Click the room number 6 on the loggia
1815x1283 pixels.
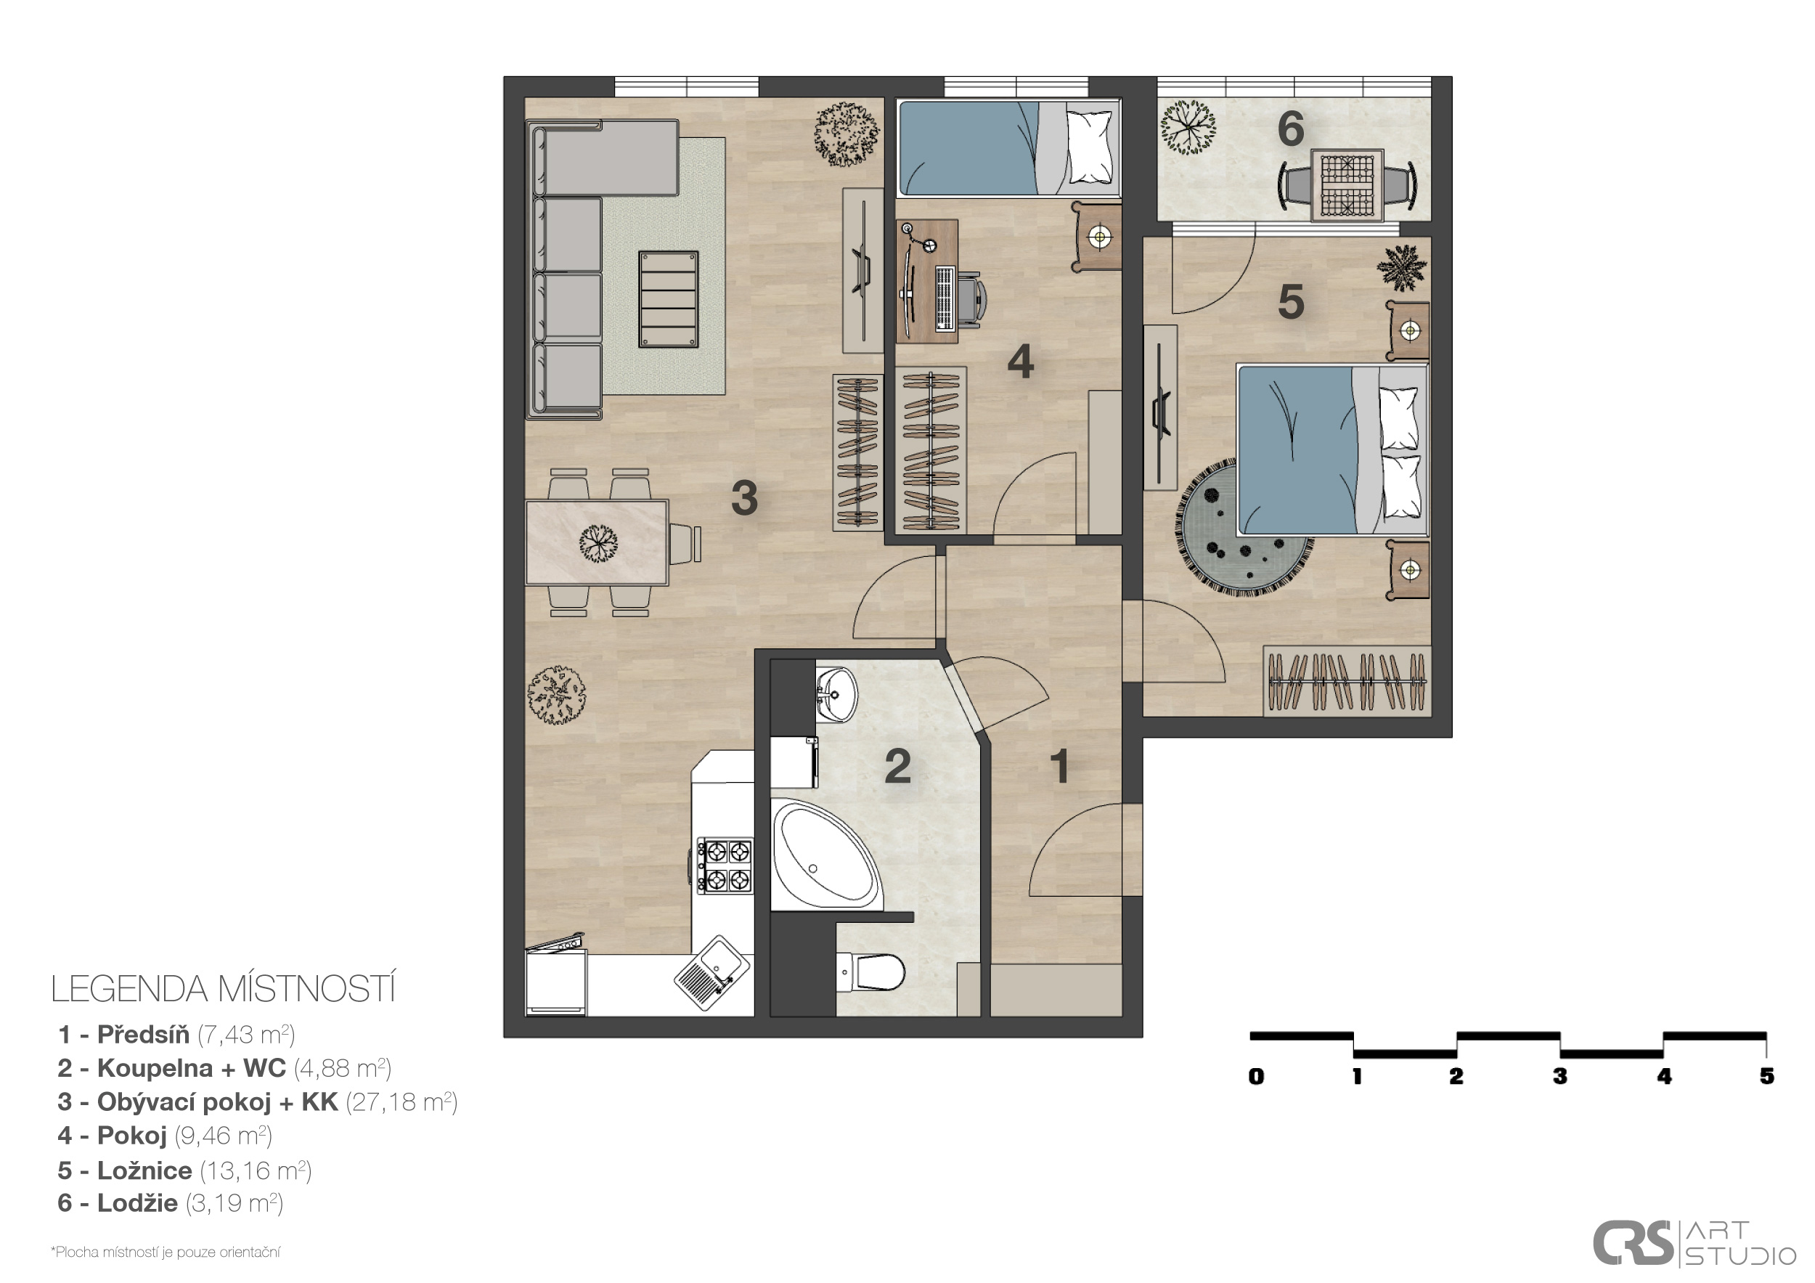click(x=1290, y=128)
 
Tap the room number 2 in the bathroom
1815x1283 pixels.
click(x=897, y=766)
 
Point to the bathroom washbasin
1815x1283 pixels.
click(x=836, y=693)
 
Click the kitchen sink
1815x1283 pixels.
click(x=712, y=973)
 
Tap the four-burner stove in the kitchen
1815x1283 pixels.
click(x=725, y=865)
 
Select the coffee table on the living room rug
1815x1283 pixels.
click(x=669, y=299)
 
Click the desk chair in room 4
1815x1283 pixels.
click(x=973, y=300)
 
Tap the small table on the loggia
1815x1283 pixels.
click(x=1347, y=186)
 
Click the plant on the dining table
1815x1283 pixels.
click(x=598, y=543)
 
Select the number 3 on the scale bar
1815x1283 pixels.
click(x=1559, y=1076)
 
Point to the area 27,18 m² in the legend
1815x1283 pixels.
click(x=401, y=1102)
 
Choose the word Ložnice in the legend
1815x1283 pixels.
click(x=144, y=1170)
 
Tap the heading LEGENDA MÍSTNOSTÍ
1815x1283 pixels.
click(x=223, y=989)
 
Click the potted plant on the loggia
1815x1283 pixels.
click(x=1187, y=126)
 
